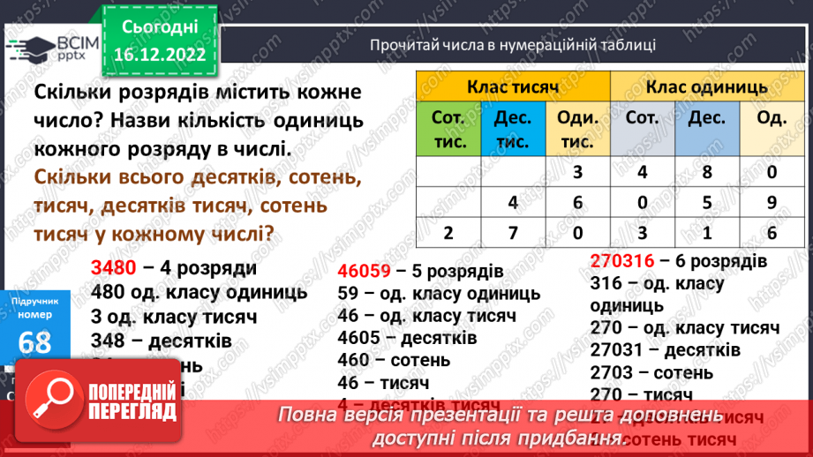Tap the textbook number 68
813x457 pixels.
[34, 341]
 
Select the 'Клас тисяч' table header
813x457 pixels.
[513, 87]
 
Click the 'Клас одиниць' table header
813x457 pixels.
[707, 87]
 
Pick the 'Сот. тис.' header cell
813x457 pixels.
[449, 129]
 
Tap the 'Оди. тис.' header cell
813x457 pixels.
[578, 129]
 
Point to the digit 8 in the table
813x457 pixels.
[707, 173]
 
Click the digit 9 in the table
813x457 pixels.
[772, 203]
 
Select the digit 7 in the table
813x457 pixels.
[513, 234]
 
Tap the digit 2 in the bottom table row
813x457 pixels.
[449, 234]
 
